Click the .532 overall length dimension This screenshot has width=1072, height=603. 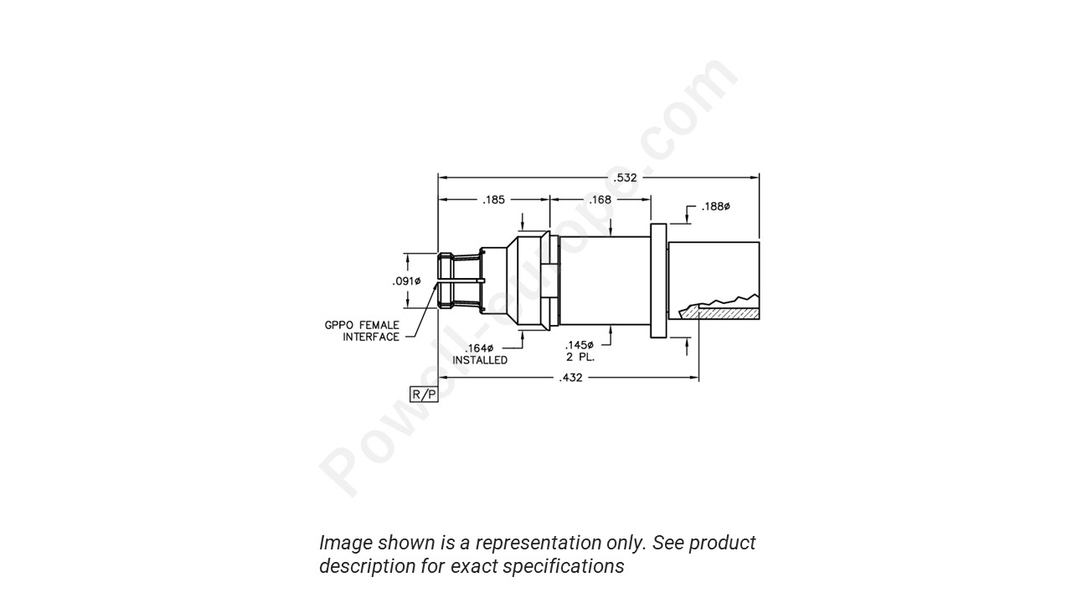pos(626,178)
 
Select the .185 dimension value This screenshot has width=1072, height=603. pos(493,200)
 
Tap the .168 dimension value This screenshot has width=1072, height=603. pos(600,200)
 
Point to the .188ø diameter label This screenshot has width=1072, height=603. pos(715,207)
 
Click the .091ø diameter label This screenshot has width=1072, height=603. pos(406,281)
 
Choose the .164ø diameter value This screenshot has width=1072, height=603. pos(479,348)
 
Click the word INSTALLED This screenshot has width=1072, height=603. pos(480,360)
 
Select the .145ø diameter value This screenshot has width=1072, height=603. pos(579,345)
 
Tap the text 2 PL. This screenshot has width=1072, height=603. pos(580,356)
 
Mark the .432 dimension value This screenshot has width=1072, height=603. pos(571,378)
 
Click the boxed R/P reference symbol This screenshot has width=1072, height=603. pos(424,394)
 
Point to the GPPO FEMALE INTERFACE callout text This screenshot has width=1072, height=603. pos(362,331)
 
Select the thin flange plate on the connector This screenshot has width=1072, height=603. pos(658,281)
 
